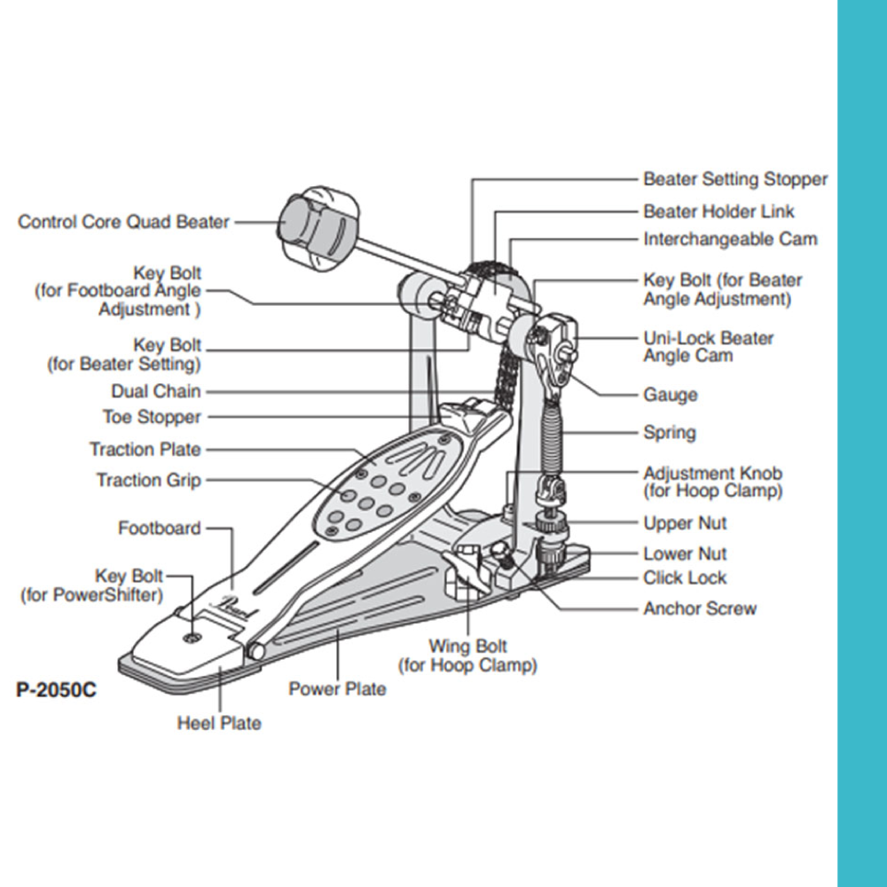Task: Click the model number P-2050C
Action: point(56,689)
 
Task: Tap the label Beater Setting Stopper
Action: point(735,179)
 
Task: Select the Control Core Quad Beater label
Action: point(124,222)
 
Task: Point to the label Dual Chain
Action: point(156,391)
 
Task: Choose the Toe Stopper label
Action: point(152,417)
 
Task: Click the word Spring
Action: point(670,433)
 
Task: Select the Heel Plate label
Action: point(219,723)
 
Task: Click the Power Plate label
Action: point(337,688)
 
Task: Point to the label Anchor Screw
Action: point(700,608)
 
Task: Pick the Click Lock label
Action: point(685,578)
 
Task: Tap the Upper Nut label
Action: point(685,523)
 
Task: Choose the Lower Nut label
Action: point(685,553)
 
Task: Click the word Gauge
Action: point(671,395)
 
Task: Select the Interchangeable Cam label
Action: point(731,239)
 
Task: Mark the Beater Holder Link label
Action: point(719,211)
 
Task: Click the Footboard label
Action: point(160,529)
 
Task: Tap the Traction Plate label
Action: point(145,450)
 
